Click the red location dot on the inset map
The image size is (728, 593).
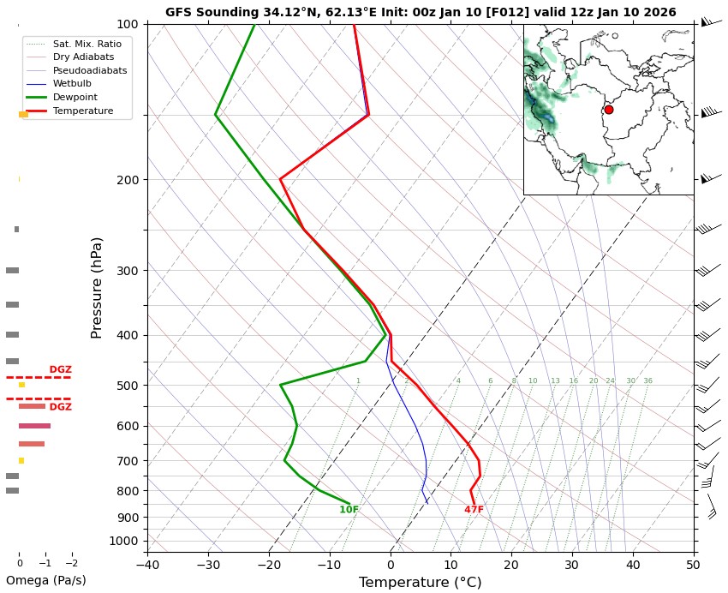coord(609,110)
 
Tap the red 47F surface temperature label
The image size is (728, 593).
coord(474,510)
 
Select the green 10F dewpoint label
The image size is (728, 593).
coord(349,510)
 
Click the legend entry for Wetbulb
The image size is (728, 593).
coord(71,84)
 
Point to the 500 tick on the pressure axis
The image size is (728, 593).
coord(127,386)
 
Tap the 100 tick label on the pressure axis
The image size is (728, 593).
coord(127,24)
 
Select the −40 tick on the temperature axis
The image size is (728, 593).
coord(147,563)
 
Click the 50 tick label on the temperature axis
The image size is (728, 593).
coord(694,563)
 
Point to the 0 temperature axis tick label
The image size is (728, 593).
coord(391,563)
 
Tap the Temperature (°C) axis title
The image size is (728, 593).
coord(420,583)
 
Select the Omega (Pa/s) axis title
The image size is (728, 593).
coord(46,580)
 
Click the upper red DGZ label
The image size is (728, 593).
coord(60,370)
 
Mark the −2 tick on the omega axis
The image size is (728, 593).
coord(71,563)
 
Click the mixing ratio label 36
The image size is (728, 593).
coord(647,380)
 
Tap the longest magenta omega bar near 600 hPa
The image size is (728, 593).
coord(34,426)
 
